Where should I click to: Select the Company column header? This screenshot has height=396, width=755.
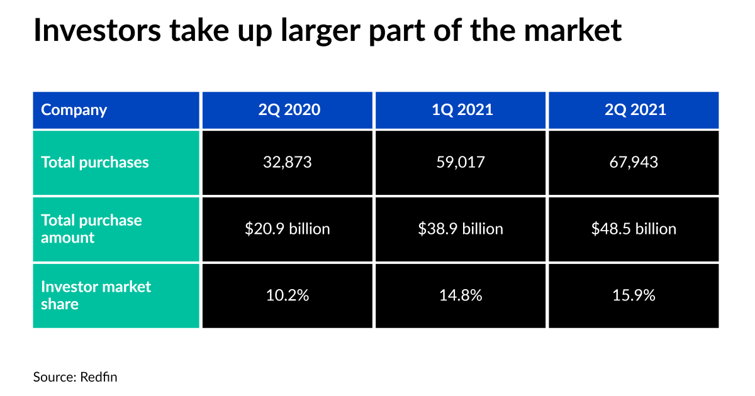click(x=74, y=110)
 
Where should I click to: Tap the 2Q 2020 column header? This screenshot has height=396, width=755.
click(x=289, y=110)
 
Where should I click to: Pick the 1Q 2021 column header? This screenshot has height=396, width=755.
click(x=462, y=110)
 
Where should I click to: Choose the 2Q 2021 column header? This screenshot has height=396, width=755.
click(x=634, y=110)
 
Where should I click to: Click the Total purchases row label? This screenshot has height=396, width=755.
click(x=95, y=162)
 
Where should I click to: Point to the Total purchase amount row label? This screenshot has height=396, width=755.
click(x=91, y=229)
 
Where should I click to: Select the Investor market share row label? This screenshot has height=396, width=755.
click(x=96, y=295)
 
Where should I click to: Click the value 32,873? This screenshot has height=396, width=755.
click(x=288, y=162)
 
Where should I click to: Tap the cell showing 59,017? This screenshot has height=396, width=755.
click(x=461, y=162)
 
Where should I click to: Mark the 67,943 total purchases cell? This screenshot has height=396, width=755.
click(x=634, y=162)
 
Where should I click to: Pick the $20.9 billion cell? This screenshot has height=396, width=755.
click(x=288, y=229)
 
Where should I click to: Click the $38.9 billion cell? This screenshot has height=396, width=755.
click(x=461, y=229)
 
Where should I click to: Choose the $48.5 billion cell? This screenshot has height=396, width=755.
click(x=634, y=229)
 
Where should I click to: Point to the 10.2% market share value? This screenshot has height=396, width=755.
click(x=288, y=295)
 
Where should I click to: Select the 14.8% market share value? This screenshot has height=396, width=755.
click(x=461, y=295)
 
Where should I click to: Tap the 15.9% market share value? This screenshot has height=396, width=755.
click(x=634, y=295)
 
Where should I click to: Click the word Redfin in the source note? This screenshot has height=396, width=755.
click(x=99, y=377)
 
